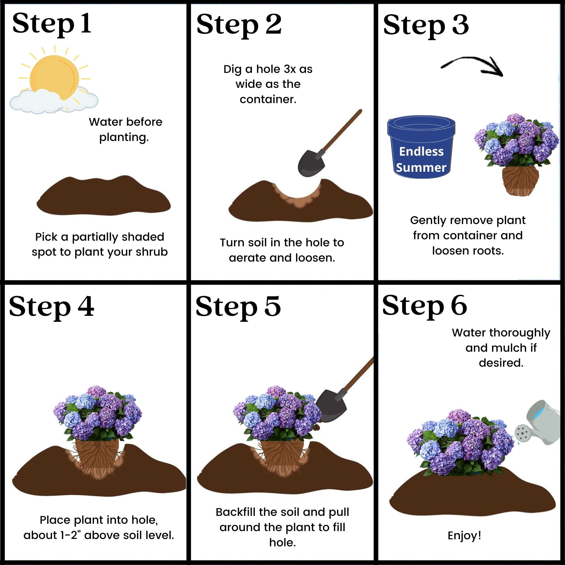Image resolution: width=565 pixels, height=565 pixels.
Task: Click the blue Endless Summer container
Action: tap(421, 146)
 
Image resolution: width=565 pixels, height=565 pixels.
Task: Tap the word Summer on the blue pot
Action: tap(421, 168)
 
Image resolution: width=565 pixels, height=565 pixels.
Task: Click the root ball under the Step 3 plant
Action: tap(521, 180)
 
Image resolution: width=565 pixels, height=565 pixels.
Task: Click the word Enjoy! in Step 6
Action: tap(464, 536)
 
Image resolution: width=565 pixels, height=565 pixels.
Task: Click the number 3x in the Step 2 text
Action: tap(290, 69)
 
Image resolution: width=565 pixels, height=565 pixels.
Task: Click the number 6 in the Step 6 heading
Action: tap(458, 305)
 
